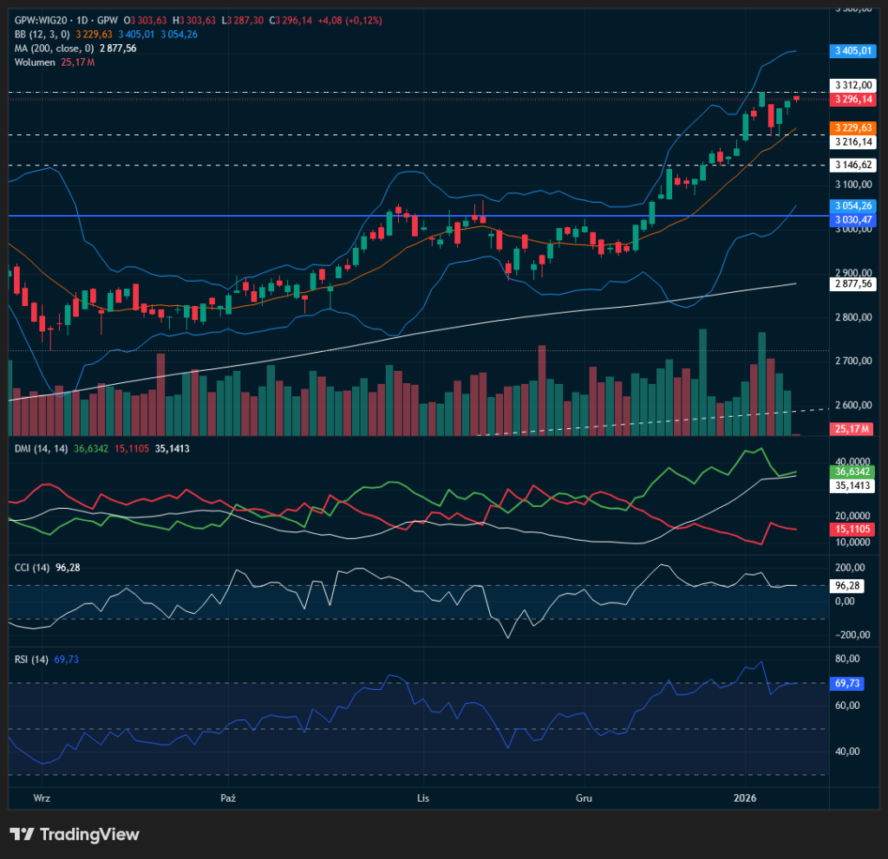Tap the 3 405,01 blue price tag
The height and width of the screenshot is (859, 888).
tap(852, 51)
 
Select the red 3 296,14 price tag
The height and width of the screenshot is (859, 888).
tap(852, 100)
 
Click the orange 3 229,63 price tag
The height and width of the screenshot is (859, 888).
tap(852, 127)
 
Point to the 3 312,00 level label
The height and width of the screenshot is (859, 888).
tap(852, 85)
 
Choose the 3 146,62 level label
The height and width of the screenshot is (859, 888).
tap(852, 165)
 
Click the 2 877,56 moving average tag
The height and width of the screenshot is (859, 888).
tap(852, 283)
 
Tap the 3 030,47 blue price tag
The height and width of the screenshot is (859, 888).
tap(852, 220)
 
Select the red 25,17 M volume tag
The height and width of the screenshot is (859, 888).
tap(852, 428)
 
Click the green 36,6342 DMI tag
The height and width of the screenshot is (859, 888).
tap(852, 472)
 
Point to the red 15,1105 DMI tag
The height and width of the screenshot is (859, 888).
tap(852, 528)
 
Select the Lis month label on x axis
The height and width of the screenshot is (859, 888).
tap(423, 797)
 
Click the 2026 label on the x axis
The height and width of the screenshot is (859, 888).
tap(745, 797)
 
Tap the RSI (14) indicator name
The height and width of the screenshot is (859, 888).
tap(32, 660)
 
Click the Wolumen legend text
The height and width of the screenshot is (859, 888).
tap(36, 62)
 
